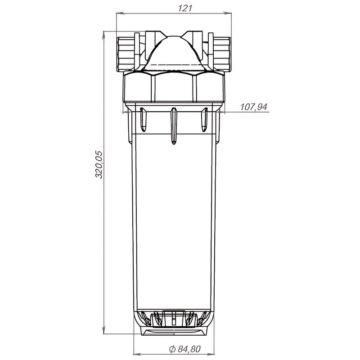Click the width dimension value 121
pyautogui.click(x=173, y=8)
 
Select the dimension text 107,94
pyautogui.click(x=254, y=107)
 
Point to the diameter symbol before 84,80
pyautogui.click(x=172, y=349)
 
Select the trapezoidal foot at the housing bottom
pyautogui.click(x=174, y=331)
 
